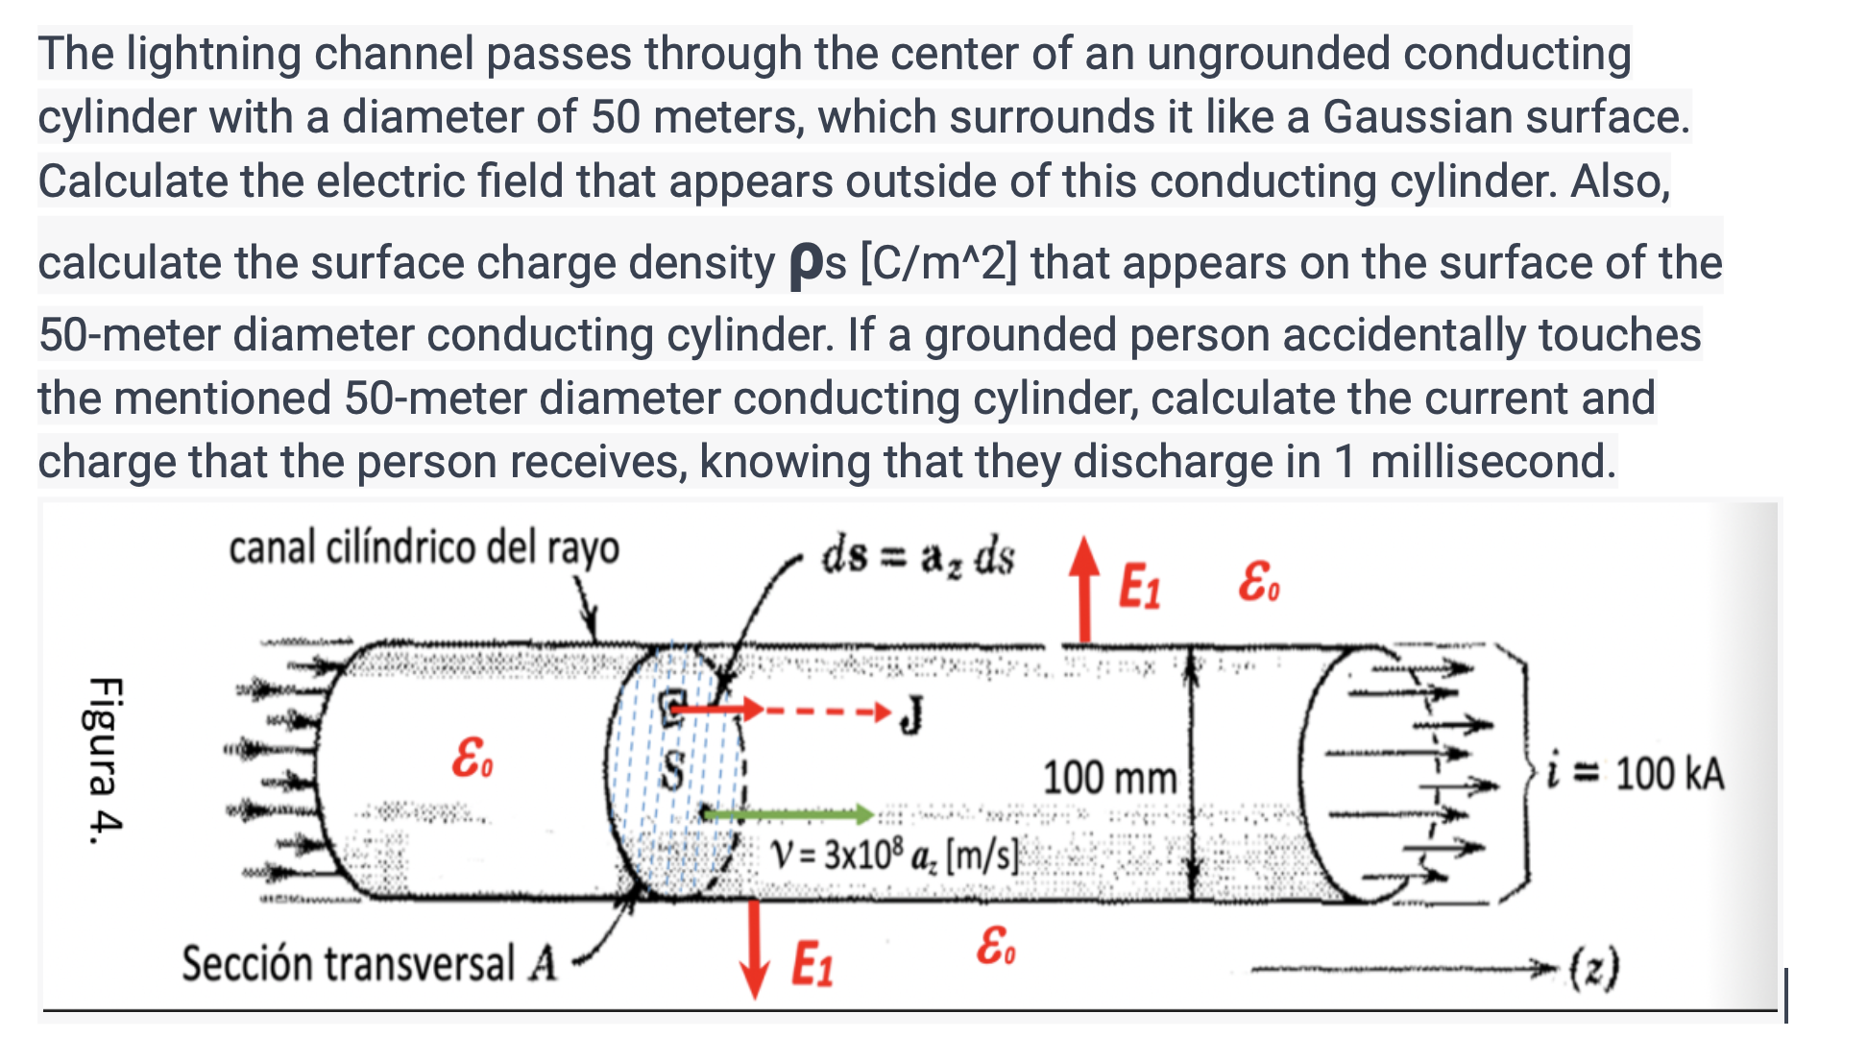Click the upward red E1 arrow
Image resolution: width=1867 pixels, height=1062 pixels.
coord(1084,590)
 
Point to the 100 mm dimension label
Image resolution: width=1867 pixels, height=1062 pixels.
coord(1109,777)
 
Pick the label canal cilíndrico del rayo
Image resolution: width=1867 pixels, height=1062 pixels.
coord(424,548)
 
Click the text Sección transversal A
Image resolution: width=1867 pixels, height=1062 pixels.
coord(370,963)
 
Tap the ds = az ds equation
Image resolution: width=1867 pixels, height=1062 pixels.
coord(916,557)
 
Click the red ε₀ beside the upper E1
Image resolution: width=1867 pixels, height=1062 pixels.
coord(1258,581)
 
